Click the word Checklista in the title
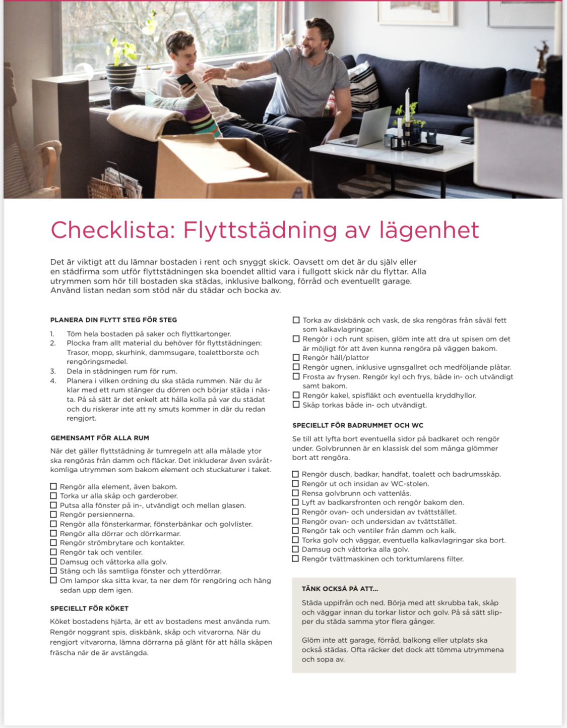click(x=112, y=230)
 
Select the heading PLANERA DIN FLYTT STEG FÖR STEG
click(x=113, y=320)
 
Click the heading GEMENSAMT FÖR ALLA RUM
click(x=100, y=438)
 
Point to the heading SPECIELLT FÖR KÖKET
click(x=89, y=608)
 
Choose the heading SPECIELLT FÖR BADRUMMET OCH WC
click(x=358, y=425)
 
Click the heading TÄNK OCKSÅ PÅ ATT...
click(x=340, y=589)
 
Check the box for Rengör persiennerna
click(x=53, y=515)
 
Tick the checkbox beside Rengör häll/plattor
click(x=296, y=358)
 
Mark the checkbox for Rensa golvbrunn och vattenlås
click(x=296, y=493)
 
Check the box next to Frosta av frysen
click(x=296, y=376)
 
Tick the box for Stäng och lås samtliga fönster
click(x=53, y=571)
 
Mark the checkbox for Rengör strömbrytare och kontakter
click(x=53, y=543)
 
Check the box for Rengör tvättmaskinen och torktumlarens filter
click(x=296, y=559)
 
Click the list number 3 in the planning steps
click(x=53, y=371)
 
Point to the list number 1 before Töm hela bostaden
click(x=52, y=334)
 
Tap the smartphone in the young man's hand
click(x=184, y=81)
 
